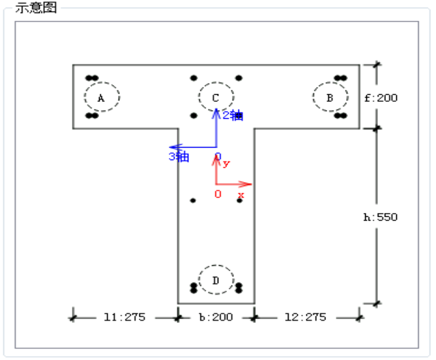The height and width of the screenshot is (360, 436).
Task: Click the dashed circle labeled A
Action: tap(102, 97)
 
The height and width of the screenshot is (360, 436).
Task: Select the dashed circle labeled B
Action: tap(330, 97)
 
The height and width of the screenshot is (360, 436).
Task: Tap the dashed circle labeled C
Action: tap(216, 97)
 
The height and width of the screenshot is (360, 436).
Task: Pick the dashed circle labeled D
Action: tap(216, 280)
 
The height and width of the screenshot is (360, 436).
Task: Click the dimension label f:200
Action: tap(381, 98)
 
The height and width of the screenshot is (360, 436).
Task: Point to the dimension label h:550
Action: tap(380, 217)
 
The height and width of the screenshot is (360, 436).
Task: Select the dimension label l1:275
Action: tap(125, 316)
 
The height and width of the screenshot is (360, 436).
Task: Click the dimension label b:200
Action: tap(216, 316)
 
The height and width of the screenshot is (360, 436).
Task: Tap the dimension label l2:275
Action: tap(305, 316)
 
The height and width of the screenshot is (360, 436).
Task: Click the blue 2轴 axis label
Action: tap(233, 115)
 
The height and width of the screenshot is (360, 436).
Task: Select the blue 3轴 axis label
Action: tap(179, 157)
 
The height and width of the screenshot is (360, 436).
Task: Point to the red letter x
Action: tap(241, 194)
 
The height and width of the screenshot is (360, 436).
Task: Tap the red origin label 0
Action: tap(218, 194)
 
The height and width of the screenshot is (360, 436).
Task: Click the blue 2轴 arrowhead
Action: tap(216, 112)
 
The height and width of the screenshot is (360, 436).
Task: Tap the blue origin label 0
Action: tap(218, 156)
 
